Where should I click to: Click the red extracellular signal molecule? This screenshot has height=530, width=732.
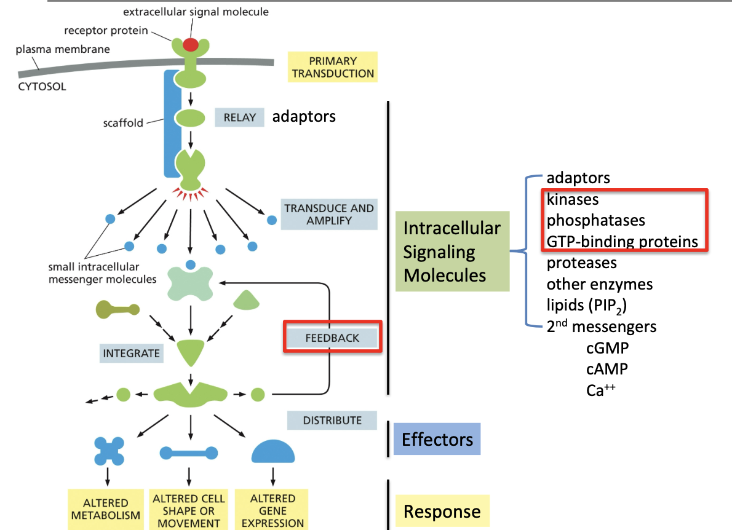[191, 44]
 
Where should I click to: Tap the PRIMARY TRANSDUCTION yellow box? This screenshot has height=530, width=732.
[333, 67]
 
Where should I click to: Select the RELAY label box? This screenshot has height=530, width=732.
[239, 117]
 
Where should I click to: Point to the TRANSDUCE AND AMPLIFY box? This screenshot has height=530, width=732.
[329, 214]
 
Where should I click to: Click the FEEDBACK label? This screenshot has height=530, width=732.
[333, 337]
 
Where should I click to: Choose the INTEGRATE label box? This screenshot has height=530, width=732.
[132, 354]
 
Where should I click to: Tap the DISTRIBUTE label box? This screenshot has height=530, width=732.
[332, 421]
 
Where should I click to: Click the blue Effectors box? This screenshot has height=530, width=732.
[437, 439]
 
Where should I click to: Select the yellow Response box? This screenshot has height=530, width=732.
[442, 512]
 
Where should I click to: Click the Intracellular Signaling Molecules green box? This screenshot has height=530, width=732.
[452, 251]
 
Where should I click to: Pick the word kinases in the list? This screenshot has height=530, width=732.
[573, 199]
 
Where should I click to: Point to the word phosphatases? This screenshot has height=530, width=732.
[595, 220]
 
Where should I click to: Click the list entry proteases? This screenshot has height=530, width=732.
[581, 263]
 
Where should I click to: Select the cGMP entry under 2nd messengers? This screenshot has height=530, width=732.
[607, 348]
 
